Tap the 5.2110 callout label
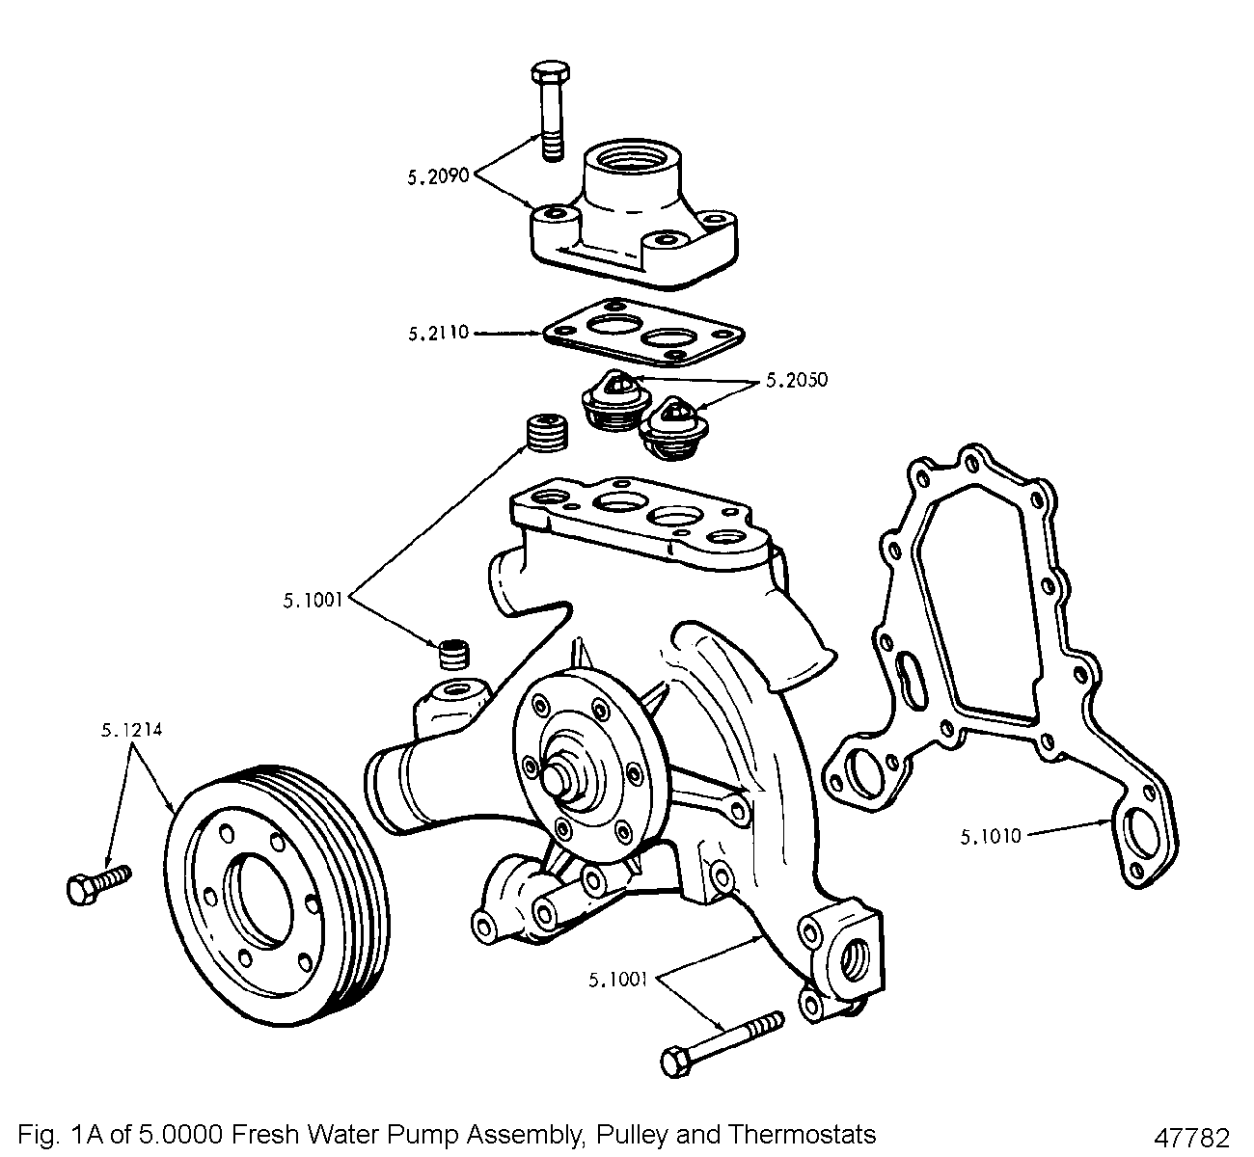pyautogui.click(x=438, y=334)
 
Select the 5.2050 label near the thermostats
pyautogui.click(x=796, y=380)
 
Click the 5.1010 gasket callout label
pyautogui.click(x=990, y=836)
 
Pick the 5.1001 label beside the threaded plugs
pyautogui.click(x=314, y=600)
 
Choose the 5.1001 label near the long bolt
pyautogui.click(x=619, y=982)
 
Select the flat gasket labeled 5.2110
pyautogui.click(x=642, y=337)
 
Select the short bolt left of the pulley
pyautogui.click(x=97, y=883)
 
